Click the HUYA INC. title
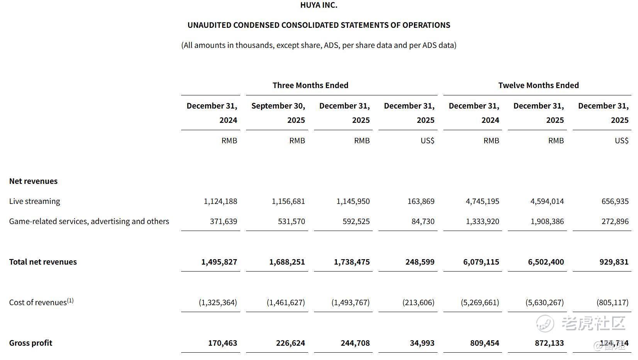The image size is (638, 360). [x=319, y=5]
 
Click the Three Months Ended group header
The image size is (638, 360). [x=310, y=85]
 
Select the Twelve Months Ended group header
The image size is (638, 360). [x=538, y=85]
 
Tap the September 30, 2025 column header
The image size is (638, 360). [x=278, y=113]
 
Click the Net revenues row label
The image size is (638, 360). [x=33, y=181]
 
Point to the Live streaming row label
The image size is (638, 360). [x=35, y=201]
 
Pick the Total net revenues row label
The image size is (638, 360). [x=43, y=262]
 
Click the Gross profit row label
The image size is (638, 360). [x=31, y=343]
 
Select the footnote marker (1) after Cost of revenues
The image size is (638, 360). [x=70, y=300]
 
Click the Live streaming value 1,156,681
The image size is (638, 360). [x=288, y=201]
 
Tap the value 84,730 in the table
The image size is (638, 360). [x=423, y=221]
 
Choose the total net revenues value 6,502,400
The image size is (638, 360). [x=546, y=262]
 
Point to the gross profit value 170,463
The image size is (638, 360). [x=222, y=343]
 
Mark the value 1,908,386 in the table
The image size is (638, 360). [x=547, y=221]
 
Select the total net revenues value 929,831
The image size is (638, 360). [x=614, y=262]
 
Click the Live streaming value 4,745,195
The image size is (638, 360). [x=482, y=201]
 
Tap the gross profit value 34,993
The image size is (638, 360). [x=422, y=343]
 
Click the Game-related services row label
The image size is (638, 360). [x=89, y=221]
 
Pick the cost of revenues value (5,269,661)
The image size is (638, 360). [x=480, y=302]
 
